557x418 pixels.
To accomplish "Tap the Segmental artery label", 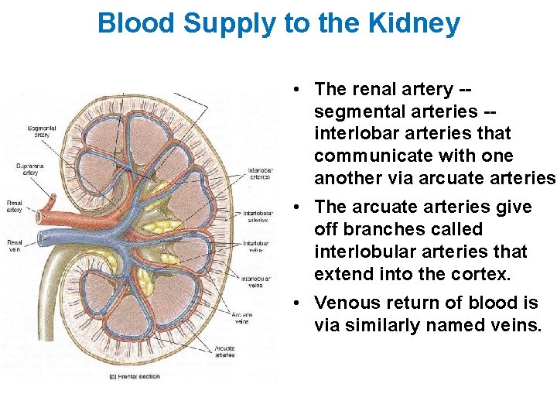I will (41, 131).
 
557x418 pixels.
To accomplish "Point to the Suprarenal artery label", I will (29, 170).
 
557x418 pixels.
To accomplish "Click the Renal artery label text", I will (15, 207).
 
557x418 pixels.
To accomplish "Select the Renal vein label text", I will (15, 245).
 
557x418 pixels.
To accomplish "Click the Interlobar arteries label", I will (259, 173).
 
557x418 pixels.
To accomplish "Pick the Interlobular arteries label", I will (257, 217).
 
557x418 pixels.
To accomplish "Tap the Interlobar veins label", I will (256, 246).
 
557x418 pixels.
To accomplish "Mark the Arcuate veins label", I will (242, 318).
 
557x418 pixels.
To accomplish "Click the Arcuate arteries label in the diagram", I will (225, 351).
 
